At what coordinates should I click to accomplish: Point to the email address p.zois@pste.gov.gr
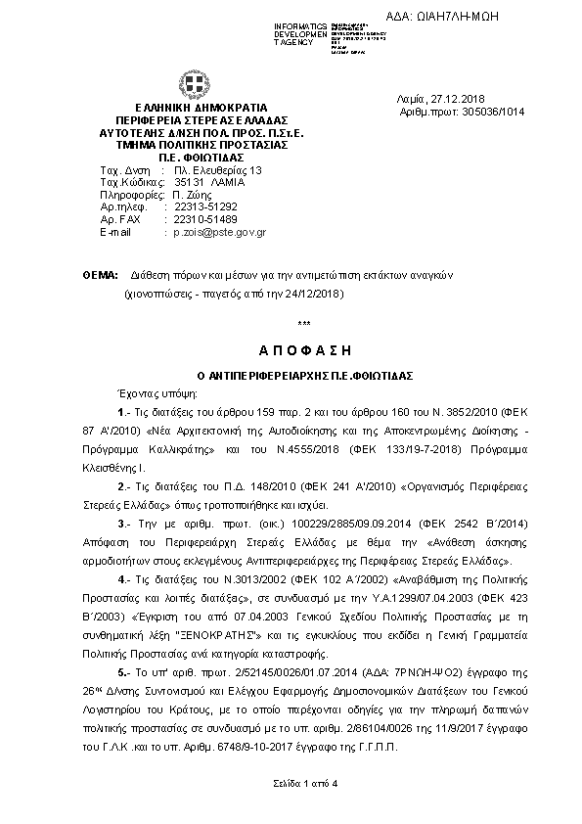point(220,233)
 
